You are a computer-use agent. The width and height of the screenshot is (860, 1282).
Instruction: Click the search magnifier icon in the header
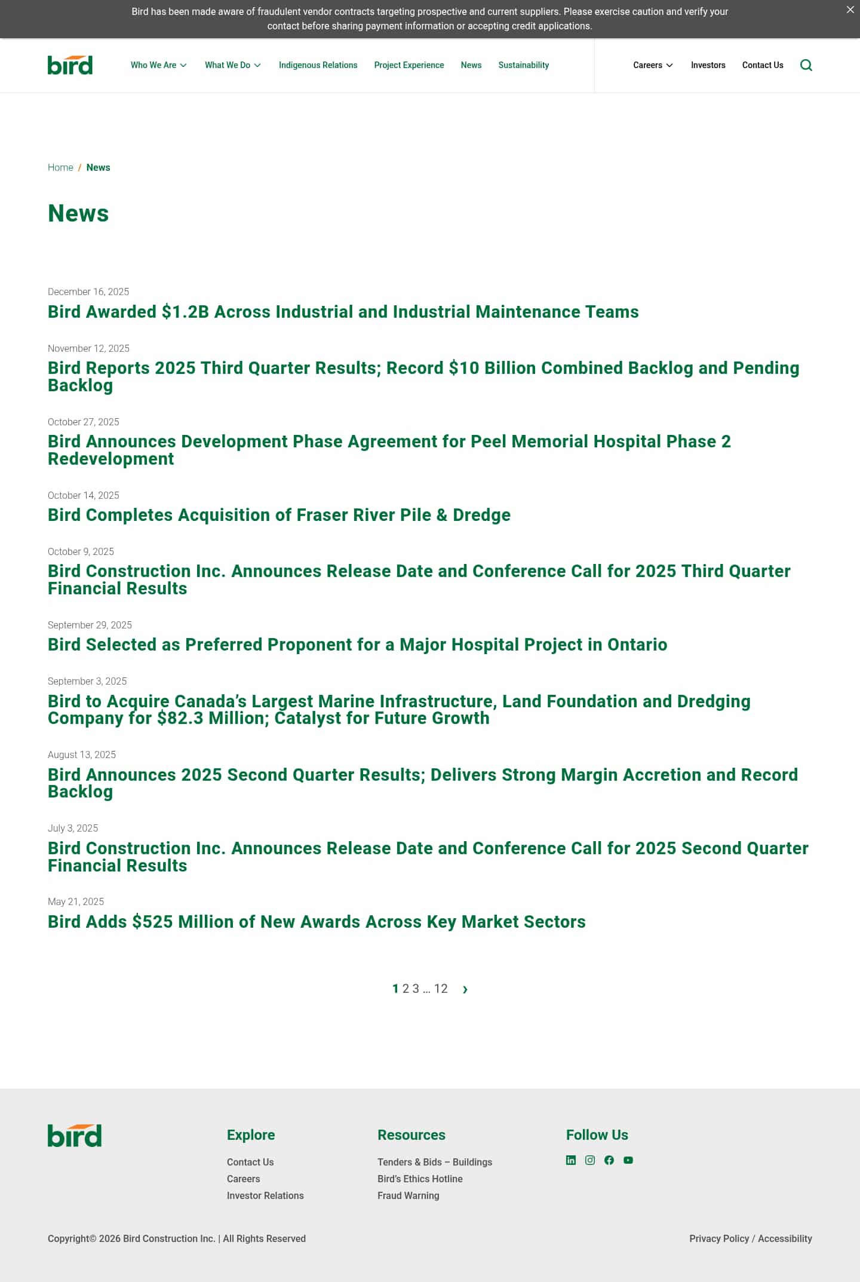click(806, 65)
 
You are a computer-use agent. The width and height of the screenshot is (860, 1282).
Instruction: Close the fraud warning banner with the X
click(850, 10)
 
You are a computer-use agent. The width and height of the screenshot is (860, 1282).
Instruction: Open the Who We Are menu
click(158, 65)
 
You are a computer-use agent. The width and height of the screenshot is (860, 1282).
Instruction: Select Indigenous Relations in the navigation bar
click(318, 65)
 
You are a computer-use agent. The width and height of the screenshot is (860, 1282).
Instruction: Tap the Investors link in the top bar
click(708, 65)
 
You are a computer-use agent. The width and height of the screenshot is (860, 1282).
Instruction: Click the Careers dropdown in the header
click(652, 65)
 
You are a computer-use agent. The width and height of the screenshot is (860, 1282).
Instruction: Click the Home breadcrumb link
click(60, 167)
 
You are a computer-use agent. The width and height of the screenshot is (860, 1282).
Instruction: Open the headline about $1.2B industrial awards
click(343, 312)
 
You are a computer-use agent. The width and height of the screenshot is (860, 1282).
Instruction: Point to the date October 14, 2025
click(84, 495)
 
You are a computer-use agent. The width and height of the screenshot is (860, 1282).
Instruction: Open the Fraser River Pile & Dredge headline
click(279, 515)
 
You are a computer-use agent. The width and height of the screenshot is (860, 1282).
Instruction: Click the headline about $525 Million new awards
click(317, 922)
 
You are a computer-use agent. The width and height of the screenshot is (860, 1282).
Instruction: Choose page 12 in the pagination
click(441, 989)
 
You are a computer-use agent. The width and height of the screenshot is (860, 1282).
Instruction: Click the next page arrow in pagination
click(465, 989)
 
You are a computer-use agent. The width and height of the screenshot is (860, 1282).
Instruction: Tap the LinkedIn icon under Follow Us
click(571, 1160)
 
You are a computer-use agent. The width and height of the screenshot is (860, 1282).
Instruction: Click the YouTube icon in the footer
click(628, 1160)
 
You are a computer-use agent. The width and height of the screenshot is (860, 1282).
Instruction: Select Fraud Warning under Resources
click(408, 1195)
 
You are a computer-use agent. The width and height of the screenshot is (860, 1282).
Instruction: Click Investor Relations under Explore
click(265, 1195)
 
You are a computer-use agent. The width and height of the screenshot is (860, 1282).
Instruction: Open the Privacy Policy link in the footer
click(718, 1238)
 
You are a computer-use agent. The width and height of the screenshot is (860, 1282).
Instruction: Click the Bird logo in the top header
click(70, 65)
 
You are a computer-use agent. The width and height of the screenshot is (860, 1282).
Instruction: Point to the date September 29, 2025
click(90, 625)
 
